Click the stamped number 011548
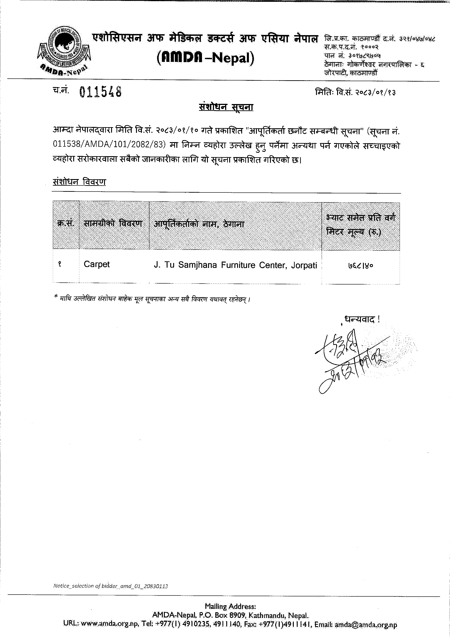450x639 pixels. pyautogui.click(x=100, y=92)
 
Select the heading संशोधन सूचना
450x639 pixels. pyautogui.click(x=226, y=107)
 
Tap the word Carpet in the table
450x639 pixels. pyautogui.click(x=97, y=264)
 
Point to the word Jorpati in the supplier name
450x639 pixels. pyautogui.click(x=304, y=265)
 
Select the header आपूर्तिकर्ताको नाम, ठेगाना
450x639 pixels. pyautogui.click(x=199, y=224)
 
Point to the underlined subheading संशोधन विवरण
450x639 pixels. pyautogui.click(x=79, y=182)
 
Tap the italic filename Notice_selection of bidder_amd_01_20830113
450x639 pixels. pyautogui.click(x=110, y=586)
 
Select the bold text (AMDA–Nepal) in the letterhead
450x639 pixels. pyautogui.click(x=206, y=57)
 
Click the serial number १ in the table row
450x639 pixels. pyautogui.click(x=59, y=264)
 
